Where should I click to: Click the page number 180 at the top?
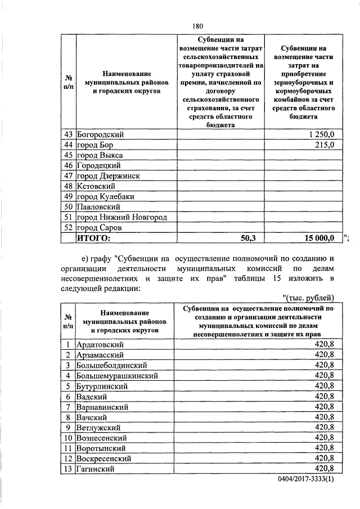pyautogui.click(x=197, y=26)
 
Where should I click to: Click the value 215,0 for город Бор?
pyautogui.click(x=325, y=145)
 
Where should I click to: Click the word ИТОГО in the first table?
pyautogui.click(x=92, y=238)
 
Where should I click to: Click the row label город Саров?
pyautogui.click(x=100, y=228)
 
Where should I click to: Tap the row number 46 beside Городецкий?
pyautogui.click(x=68, y=165)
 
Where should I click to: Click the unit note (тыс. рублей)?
pyautogui.click(x=308, y=298)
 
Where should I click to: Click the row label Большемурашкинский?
pyautogui.click(x=117, y=375)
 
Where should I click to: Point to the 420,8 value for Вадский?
pyautogui.click(x=325, y=396)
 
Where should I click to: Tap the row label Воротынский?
pyautogui.click(x=104, y=448)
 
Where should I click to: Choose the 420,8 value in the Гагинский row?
pyautogui.click(x=325, y=469)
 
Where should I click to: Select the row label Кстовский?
pyautogui.click(x=96, y=186)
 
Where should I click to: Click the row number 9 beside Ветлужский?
pyautogui.click(x=68, y=427)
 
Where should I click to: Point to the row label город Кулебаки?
pyautogui.click(x=105, y=196)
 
